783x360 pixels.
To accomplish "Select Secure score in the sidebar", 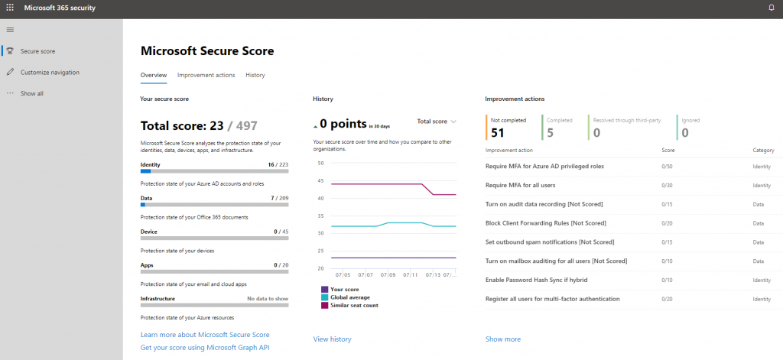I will coord(37,51).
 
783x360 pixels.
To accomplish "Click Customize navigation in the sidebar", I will coord(50,73).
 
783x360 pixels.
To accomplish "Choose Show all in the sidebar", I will coord(31,93).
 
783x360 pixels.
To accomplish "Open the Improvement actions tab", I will coord(206,75).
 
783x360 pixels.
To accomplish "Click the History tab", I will coord(255,75).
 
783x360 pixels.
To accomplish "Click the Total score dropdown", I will coord(436,122).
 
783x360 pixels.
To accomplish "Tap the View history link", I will coord(332,339).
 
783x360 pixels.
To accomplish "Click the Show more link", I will coord(502,339).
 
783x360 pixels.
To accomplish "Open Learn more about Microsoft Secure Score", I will coord(205,335).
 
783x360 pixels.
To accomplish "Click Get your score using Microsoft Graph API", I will coord(205,348).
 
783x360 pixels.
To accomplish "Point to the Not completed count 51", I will coord(498,132).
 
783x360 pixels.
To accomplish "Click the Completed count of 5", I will coord(551,132).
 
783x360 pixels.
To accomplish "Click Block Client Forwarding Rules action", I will coord(545,223).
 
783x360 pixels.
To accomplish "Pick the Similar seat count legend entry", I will coord(356,305).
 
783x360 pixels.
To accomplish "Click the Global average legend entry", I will coord(351,297).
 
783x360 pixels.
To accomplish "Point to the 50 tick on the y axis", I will coord(320,163).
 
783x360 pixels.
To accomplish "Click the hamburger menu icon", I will coord(10,29).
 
